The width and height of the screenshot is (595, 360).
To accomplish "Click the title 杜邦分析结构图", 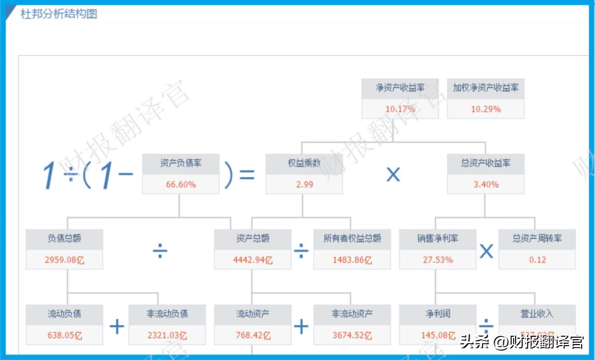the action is pyautogui.click(x=59, y=14).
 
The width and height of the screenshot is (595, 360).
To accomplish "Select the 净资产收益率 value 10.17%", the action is pyautogui.click(x=400, y=109).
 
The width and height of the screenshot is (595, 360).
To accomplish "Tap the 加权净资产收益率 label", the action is pyautogui.click(x=485, y=88).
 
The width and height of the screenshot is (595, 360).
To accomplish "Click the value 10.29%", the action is pyautogui.click(x=485, y=109).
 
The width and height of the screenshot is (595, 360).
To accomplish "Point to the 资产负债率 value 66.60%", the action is pyautogui.click(x=180, y=184).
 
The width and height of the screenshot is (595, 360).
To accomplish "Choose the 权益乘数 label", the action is pyautogui.click(x=304, y=163).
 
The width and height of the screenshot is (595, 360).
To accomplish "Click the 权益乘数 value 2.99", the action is pyautogui.click(x=304, y=184).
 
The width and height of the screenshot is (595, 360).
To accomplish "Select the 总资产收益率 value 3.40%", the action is pyautogui.click(x=485, y=184).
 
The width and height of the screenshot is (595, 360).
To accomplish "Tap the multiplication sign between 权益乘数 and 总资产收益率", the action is pyautogui.click(x=393, y=174).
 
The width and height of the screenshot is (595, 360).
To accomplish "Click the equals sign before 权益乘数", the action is pyautogui.click(x=246, y=175).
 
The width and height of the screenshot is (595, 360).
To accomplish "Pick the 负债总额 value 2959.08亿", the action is pyautogui.click(x=64, y=260).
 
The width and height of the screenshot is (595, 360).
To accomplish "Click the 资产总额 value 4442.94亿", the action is pyautogui.click(x=252, y=260).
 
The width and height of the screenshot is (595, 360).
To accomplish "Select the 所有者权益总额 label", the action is pyautogui.click(x=352, y=239).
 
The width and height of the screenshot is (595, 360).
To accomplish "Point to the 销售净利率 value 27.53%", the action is pyautogui.click(x=437, y=260).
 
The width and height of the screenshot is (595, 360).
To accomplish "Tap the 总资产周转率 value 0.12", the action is pyautogui.click(x=537, y=260).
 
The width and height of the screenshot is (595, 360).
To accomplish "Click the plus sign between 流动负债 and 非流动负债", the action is pyautogui.click(x=117, y=326).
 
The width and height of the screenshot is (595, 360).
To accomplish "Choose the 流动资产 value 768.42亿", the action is pyautogui.click(x=252, y=336).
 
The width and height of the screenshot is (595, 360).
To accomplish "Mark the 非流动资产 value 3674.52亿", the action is pyautogui.click(x=352, y=336).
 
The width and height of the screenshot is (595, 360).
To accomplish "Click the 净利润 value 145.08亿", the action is pyautogui.click(x=437, y=336).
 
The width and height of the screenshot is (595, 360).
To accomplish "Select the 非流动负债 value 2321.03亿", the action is pyautogui.click(x=167, y=336).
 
